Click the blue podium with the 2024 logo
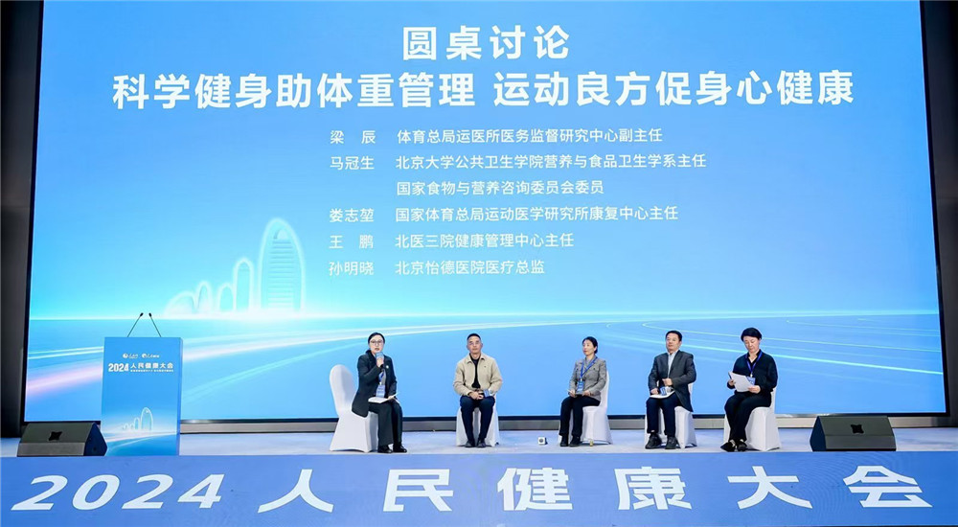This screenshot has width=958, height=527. coord(141,393)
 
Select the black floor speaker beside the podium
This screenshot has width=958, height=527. coord(61,439)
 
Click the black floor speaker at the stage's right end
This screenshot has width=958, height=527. coord(852,433)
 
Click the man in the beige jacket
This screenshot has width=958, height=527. coord(477,388)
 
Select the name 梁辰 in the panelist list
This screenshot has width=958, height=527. coord(350,136)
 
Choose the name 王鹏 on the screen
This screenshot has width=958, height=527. coord(350,241)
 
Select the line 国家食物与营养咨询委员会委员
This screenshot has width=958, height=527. coord(499,188)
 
